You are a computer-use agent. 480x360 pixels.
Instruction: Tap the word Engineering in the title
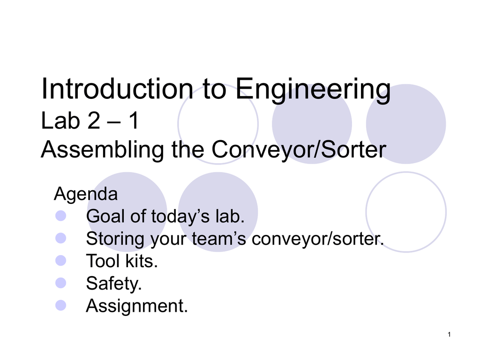(x=313, y=90)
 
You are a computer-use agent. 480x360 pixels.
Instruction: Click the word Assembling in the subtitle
(x=102, y=150)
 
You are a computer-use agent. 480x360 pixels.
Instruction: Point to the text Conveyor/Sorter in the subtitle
(x=299, y=150)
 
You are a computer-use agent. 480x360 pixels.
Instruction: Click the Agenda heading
(x=86, y=194)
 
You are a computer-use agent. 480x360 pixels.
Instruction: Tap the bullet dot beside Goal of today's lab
(x=60, y=216)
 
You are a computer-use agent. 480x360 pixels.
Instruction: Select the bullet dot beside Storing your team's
(x=60, y=238)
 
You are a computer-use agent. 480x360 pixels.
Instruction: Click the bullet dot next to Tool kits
(x=60, y=261)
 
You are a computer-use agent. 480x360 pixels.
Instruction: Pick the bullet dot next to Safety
(x=60, y=283)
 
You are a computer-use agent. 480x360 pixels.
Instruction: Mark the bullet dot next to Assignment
(x=60, y=305)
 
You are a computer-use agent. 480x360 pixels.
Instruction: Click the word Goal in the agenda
(x=106, y=216)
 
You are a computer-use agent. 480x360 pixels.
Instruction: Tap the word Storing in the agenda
(x=115, y=239)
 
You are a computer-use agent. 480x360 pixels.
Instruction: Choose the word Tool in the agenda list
(x=103, y=261)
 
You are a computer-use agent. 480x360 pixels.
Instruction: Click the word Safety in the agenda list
(x=114, y=284)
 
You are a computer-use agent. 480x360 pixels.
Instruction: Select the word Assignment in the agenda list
(x=137, y=306)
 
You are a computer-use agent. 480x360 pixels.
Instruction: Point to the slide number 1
(x=449, y=335)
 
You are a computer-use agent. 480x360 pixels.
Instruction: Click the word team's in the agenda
(x=219, y=239)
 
